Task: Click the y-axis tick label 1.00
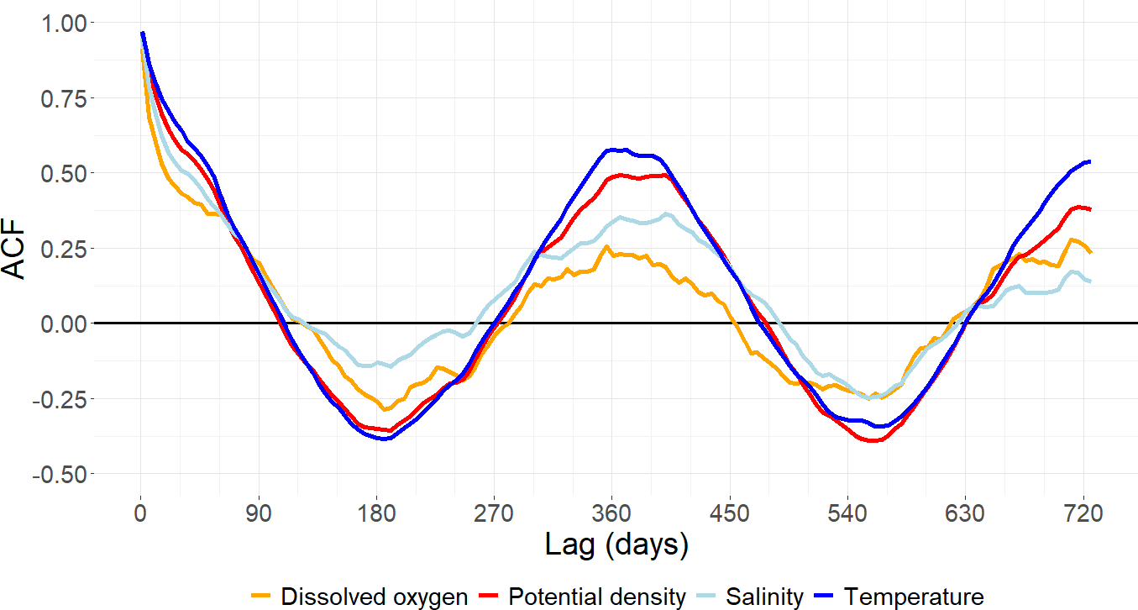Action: point(63,23)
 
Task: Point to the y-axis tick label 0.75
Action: point(63,98)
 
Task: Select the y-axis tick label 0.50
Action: point(63,173)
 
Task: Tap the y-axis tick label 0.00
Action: point(63,323)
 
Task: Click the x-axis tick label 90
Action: point(259,512)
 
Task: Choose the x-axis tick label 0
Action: point(141,512)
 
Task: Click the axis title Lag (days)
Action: point(616,544)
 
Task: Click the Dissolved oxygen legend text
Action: point(375,597)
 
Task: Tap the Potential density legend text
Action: point(597,597)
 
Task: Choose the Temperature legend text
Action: point(914,597)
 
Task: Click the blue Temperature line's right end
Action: point(1089,161)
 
